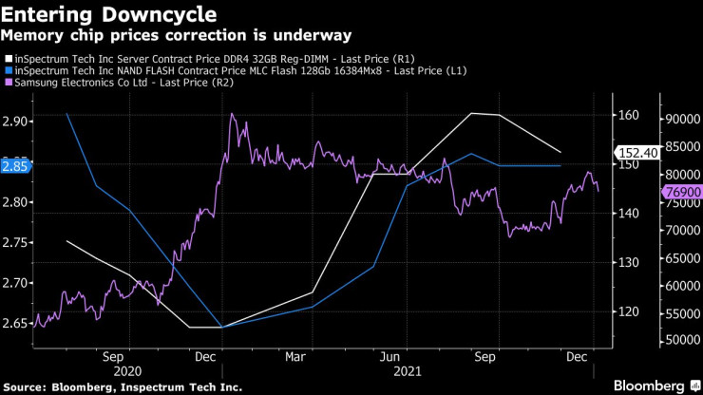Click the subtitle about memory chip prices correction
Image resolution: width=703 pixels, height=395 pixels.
pyautogui.click(x=176, y=36)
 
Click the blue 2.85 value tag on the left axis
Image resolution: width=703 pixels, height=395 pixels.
pyautogui.click(x=16, y=164)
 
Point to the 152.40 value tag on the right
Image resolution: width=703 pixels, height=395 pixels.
pyautogui.click(x=635, y=152)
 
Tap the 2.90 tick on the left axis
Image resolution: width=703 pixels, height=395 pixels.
pyautogui.click(x=15, y=122)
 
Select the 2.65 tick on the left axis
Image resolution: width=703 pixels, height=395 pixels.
pyautogui.click(x=15, y=324)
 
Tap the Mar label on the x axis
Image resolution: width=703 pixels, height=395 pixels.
pyautogui.click(x=294, y=357)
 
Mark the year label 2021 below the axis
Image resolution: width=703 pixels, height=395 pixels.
pyautogui.click(x=408, y=372)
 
